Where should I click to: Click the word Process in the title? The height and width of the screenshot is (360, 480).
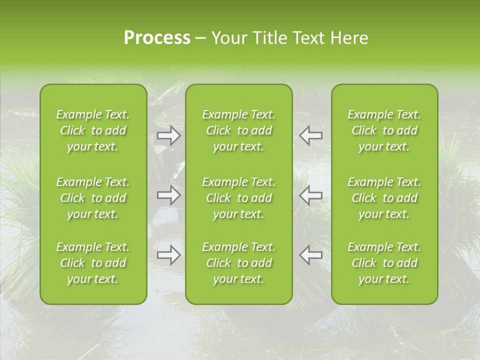coord(157,37)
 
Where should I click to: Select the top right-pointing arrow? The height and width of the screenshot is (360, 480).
coord(168,135)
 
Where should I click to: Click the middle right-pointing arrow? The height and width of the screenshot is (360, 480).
coord(168,194)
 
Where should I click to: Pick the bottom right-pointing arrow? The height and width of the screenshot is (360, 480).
coord(168,255)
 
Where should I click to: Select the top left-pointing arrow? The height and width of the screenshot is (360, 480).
coord(311,135)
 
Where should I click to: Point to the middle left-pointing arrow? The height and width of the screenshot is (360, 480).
coord(311,194)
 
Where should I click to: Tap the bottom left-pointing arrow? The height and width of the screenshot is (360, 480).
coord(311,255)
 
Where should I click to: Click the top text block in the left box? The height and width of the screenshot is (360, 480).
coord(93,130)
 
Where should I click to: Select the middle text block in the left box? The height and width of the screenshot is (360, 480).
coord(93,198)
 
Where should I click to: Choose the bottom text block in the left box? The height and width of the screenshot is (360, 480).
coord(93,263)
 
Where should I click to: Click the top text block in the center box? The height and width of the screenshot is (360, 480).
coord(239,130)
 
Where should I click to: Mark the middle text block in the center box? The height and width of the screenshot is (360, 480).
coord(239,198)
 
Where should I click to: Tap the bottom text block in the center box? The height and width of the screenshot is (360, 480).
coord(239,263)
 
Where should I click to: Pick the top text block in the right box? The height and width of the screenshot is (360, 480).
coord(384,130)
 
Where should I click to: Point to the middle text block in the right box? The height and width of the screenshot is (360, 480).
coord(384,198)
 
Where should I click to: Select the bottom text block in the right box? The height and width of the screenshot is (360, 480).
coord(384,263)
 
